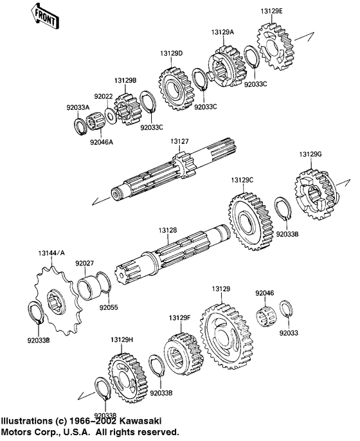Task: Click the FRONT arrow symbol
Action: point(45,17)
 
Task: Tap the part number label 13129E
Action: point(271,12)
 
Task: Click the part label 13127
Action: point(179,141)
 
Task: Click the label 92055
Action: point(109,307)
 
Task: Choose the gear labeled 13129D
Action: point(177,89)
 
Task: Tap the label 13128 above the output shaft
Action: point(168,230)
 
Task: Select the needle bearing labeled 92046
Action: point(267,317)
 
